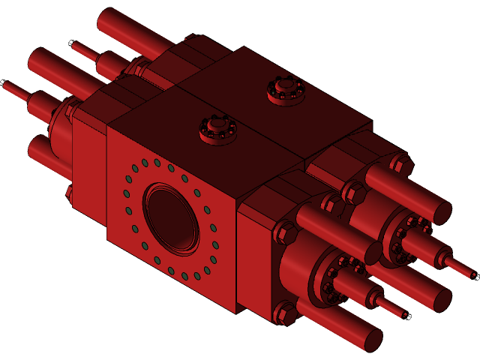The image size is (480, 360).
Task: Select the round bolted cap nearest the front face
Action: click(x=217, y=128)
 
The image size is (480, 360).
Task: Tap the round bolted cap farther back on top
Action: click(x=286, y=91)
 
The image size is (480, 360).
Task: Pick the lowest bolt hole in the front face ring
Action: click(x=184, y=276)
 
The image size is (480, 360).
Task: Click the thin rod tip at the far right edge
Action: click(x=472, y=275)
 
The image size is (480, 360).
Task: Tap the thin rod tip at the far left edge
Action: click(x=6, y=85)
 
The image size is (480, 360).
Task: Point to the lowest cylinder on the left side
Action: click(x=45, y=154)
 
